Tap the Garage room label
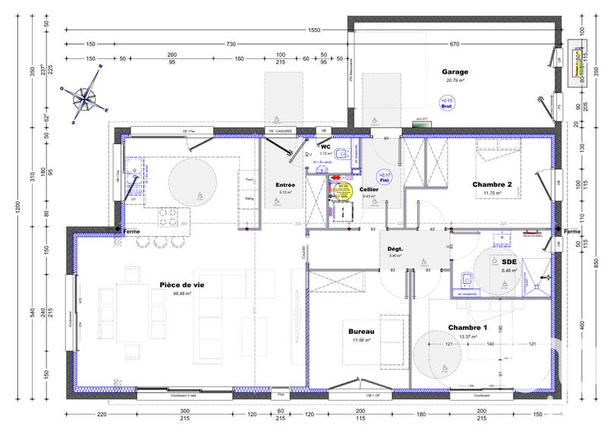pos(455,72)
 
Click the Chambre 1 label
pos(467,327)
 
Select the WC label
pos(326,146)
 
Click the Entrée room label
pos(285,184)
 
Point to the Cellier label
pos(370,189)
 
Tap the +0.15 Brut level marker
pos(445,103)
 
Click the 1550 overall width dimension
pos(313,30)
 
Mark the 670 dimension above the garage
pos(455,43)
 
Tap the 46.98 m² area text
pos(181,293)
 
